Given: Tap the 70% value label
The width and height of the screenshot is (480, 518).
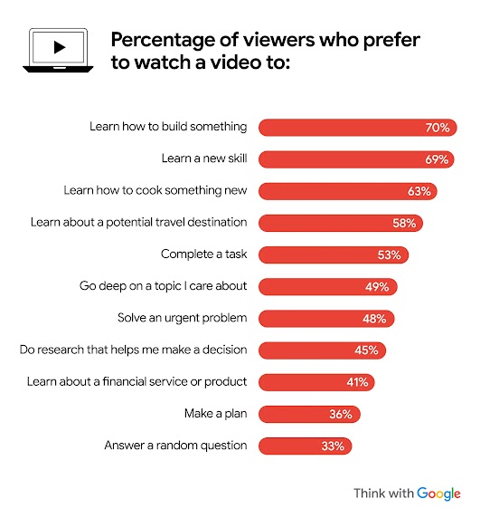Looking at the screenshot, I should tap(438, 128).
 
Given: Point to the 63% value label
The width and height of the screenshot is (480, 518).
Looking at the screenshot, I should tap(420, 191).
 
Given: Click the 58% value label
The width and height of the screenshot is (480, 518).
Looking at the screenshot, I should tap(406, 223).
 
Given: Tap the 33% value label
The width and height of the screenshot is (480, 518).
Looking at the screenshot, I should tap(334, 446).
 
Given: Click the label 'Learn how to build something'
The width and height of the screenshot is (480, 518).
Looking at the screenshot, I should tap(168, 128).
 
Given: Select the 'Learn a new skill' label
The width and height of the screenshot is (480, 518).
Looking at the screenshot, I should tap(204, 159).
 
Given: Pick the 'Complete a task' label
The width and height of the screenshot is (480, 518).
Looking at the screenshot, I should tap(204, 254).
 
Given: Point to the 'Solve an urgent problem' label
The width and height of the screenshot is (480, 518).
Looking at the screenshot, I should tap(183, 319).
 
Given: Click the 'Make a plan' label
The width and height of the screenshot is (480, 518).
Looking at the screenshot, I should tap(216, 414).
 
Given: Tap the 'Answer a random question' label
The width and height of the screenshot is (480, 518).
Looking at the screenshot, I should tap(175, 446).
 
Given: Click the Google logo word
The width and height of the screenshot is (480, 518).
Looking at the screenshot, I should tap(439, 494).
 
